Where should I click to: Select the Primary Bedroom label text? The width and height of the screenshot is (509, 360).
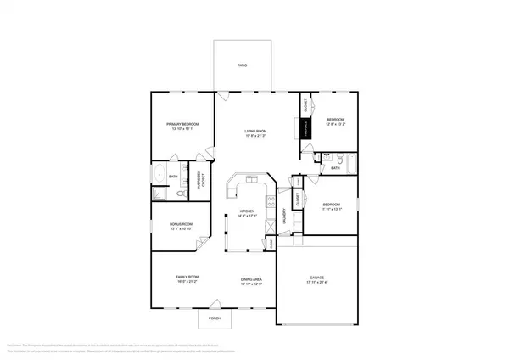182,125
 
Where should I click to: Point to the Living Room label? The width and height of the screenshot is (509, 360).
255,131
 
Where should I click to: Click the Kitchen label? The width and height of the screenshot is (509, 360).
247,211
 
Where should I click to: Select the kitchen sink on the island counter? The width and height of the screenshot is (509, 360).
251,182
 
